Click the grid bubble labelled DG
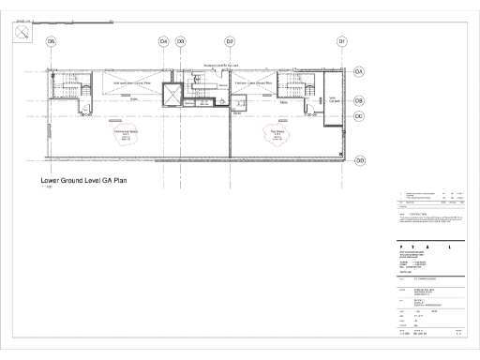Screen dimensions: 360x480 click(52, 41)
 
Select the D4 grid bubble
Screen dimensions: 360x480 click(163, 41)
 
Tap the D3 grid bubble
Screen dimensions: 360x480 click(181, 41)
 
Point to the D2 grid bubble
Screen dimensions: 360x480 click(230, 41)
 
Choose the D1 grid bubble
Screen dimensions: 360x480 click(342, 41)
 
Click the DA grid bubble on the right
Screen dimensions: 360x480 click(359, 71)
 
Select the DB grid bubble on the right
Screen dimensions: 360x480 click(359, 100)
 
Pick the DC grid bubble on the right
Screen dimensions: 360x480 click(359, 116)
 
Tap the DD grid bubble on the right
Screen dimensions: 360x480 click(359, 160)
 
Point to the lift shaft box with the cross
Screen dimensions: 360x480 click(173, 96)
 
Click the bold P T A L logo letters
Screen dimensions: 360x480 click(422, 247)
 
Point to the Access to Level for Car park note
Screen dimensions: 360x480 click(222, 66)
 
